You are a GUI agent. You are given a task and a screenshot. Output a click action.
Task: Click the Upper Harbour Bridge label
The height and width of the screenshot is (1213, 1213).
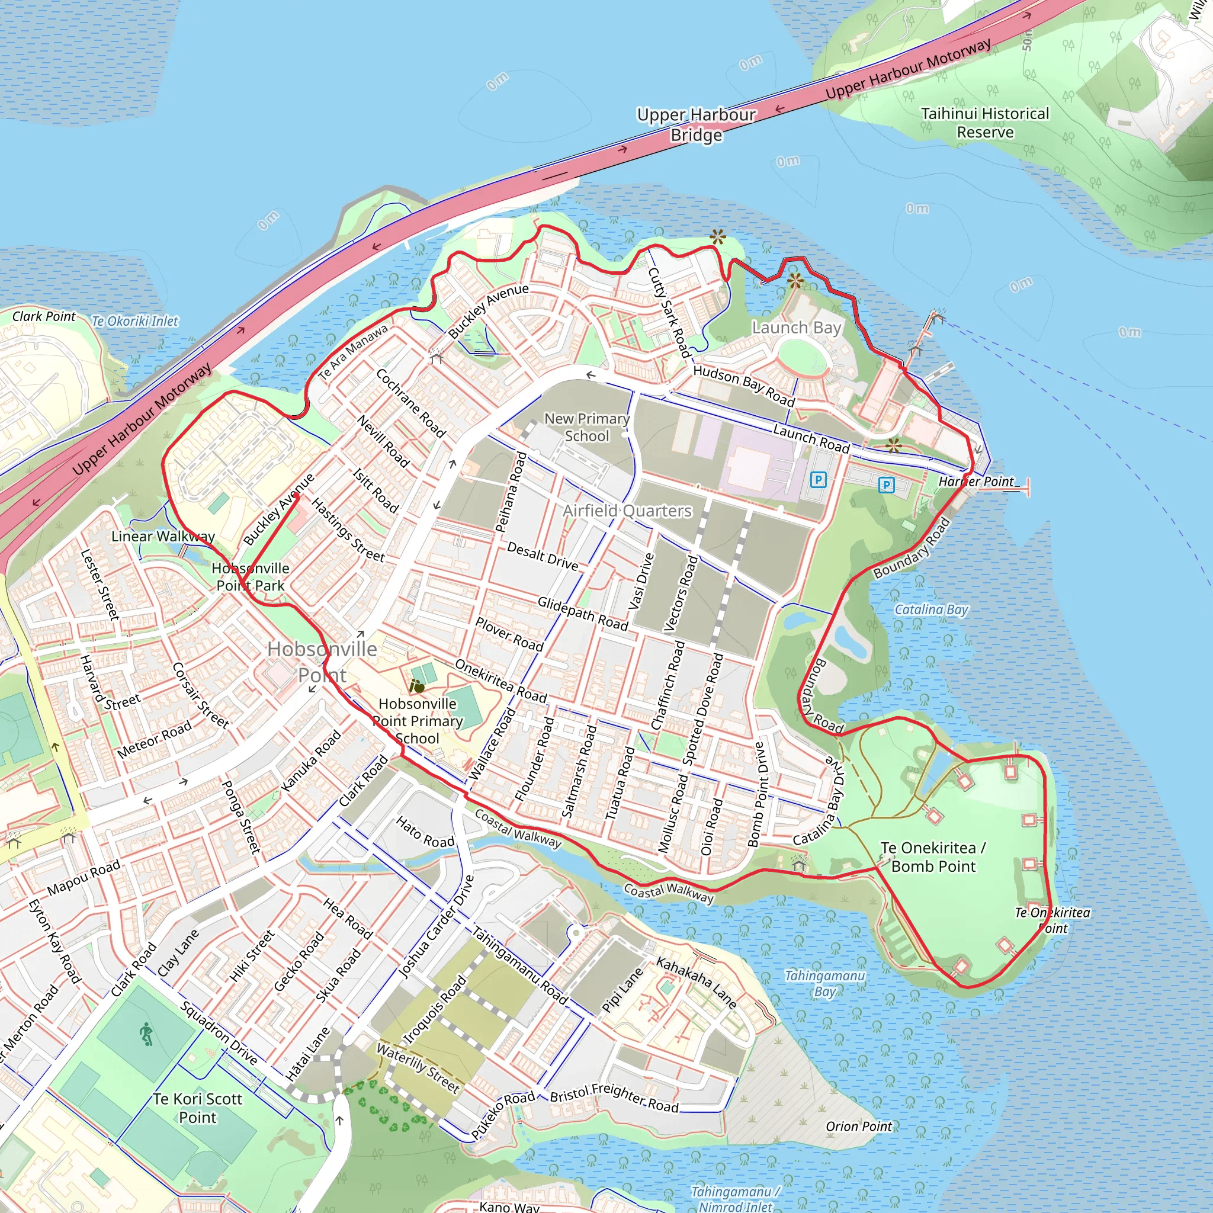point(697,125)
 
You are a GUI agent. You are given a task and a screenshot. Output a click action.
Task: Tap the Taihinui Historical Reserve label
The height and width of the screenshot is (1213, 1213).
point(984,123)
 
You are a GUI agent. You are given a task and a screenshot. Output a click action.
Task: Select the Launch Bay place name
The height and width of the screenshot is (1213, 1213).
point(796,328)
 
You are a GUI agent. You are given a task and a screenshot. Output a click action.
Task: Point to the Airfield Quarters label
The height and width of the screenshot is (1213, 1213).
point(627,511)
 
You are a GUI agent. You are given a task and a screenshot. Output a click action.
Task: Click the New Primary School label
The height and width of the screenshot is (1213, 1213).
point(586,427)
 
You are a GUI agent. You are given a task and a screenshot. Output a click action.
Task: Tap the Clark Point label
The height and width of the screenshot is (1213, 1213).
point(44,316)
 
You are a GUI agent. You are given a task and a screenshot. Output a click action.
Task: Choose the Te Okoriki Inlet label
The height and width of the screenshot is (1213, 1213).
point(135,321)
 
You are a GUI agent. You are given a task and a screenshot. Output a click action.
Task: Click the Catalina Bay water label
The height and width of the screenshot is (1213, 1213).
point(931,609)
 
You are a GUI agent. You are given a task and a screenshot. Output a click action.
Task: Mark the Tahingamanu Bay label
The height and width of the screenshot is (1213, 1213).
point(824,983)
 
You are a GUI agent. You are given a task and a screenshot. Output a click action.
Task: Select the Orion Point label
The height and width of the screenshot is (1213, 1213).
point(858,1127)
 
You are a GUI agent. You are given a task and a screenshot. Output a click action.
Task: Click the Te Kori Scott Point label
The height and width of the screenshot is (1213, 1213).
point(198,1108)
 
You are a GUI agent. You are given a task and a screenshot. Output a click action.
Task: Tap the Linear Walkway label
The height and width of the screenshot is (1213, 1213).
point(163,536)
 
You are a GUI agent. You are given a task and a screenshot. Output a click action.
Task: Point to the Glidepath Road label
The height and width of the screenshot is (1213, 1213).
point(582,613)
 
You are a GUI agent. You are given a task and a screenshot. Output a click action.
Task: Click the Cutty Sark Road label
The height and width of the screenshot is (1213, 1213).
point(669,312)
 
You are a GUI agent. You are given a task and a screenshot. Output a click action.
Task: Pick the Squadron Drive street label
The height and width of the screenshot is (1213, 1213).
point(219,1033)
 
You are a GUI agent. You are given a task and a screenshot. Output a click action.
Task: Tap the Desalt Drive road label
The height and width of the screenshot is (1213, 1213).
point(543,556)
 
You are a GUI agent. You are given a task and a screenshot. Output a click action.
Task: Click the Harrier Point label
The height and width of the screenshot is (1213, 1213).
point(975,482)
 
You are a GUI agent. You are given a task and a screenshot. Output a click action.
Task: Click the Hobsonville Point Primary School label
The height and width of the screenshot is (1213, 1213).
point(418,721)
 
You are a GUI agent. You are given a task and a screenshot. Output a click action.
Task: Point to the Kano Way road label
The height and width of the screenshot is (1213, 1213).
point(509,1206)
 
